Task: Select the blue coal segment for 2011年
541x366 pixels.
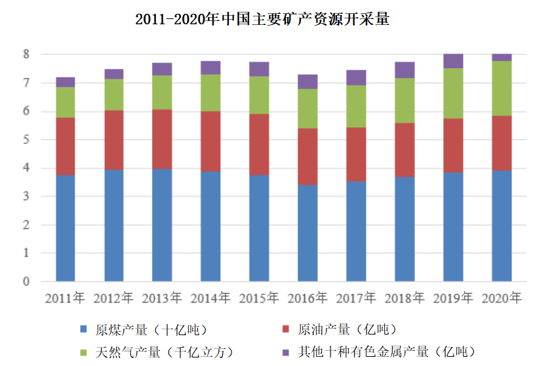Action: pyautogui.click(x=65, y=228)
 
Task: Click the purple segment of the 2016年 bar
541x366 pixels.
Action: pyautogui.click(x=308, y=81)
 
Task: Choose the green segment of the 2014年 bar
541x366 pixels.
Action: pyautogui.click(x=210, y=92)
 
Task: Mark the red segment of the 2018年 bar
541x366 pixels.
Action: pyautogui.click(x=405, y=150)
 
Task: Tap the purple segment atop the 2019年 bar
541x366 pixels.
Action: pyautogui.click(x=453, y=61)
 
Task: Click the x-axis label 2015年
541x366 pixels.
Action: pyautogui.click(x=259, y=298)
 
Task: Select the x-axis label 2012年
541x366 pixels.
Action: pyautogui.click(x=113, y=298)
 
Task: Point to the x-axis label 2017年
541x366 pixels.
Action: pyautogui.click(x=356, y=298)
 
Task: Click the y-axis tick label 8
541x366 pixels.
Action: pyautogui.click(x=26, y=54)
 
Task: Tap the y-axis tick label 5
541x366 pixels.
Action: pyautogui.click(x=26, y=140)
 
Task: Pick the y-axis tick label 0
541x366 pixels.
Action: pyautogui.click(x=26, y=282)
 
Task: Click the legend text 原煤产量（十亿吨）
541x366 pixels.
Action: pyautogui.click(x=151, y=329)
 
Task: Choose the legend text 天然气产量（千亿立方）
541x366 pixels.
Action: pyautogui.click(x=164, y=352)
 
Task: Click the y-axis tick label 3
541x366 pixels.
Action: pyautogui.click(x=26, y=197)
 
